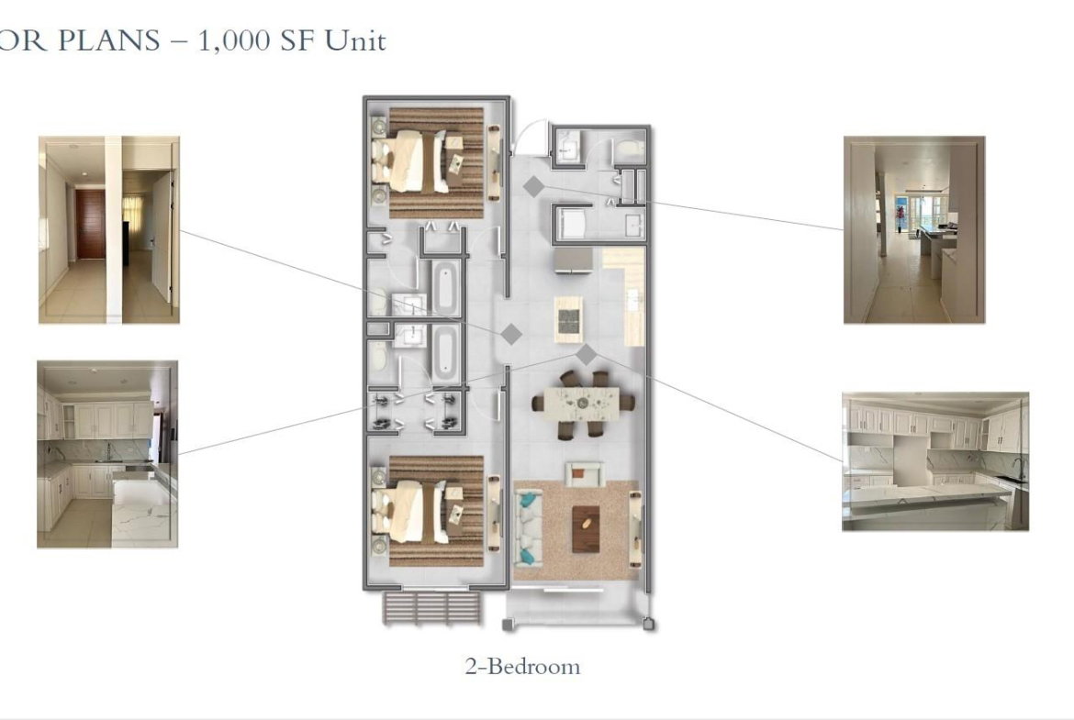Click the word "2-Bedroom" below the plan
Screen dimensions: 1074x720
522,667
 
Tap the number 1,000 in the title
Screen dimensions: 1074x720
233,42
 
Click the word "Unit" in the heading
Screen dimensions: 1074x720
355,40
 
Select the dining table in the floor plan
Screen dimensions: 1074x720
582,401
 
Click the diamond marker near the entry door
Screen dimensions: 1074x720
533,186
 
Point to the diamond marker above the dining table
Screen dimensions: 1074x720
586,355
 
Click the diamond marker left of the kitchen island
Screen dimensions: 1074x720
511,334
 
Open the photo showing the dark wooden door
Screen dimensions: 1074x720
109,230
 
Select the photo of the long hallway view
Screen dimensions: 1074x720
914,230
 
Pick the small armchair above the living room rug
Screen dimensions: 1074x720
584,473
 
